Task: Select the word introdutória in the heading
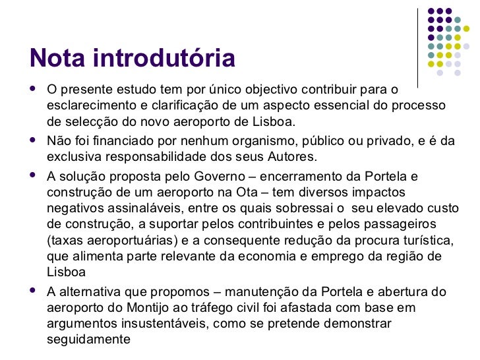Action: (x=164, y=59)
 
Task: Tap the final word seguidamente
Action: (x=89, y=340)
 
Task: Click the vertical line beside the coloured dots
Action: (x=419, y=40)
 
